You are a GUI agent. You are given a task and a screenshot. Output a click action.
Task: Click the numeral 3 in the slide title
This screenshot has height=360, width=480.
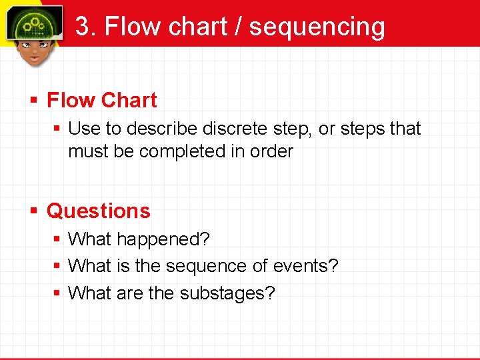click(x=83, y=27)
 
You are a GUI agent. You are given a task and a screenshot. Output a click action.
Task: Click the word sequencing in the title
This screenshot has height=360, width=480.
click(x=317, y=27)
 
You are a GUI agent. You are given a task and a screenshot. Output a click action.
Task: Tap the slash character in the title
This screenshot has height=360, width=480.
click(x=237, y=27)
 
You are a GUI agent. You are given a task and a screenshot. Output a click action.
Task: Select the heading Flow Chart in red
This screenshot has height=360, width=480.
click(x=102, y=101)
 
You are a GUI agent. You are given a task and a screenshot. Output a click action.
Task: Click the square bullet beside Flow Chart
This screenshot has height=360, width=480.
click(x=35, y=101)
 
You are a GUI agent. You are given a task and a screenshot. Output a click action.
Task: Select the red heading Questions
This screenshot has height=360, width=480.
click(x=99, y=211)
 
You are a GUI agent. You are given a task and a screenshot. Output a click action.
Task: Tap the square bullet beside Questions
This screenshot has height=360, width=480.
click(x=35, y=212)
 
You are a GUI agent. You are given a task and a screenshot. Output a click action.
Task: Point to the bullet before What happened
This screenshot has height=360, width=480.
click(x=58, y=239)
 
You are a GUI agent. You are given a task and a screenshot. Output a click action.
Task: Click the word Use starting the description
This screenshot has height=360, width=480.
click(x=83, y=128)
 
